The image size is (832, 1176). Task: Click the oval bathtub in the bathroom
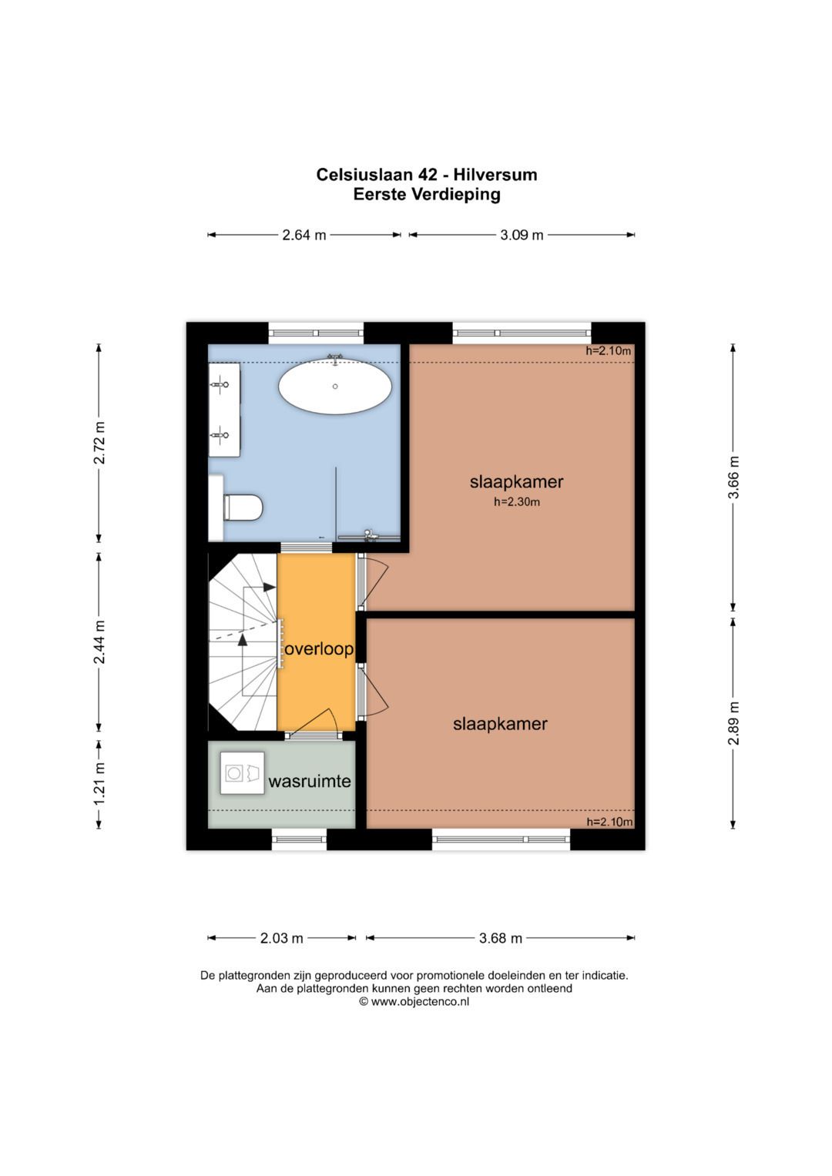pos(334,387)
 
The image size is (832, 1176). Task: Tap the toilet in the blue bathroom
pos(242,508)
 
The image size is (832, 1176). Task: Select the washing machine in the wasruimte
pos(242,772)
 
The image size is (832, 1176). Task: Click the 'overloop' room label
pos(319,649)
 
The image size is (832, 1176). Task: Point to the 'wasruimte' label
pos(310,781)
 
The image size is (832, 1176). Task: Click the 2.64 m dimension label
pos(304,235)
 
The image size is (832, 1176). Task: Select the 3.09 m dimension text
pos(522,235)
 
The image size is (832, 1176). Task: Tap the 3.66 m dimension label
pos(733,477)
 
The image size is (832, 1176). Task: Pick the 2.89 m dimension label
pos(733,723)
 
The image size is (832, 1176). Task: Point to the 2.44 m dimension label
pos(99,642)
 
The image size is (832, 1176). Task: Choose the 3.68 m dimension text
pos(501,938)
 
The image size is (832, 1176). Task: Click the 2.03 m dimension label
pos(281,938)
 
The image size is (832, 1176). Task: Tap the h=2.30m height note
pos(517,502)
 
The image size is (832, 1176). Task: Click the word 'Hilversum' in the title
pos(496,174)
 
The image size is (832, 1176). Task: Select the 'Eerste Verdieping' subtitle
pos(427,194)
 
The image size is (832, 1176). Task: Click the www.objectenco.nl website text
pos(420,1001)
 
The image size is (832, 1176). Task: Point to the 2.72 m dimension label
pos(99,443)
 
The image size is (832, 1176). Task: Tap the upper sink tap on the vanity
pos(220,385)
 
